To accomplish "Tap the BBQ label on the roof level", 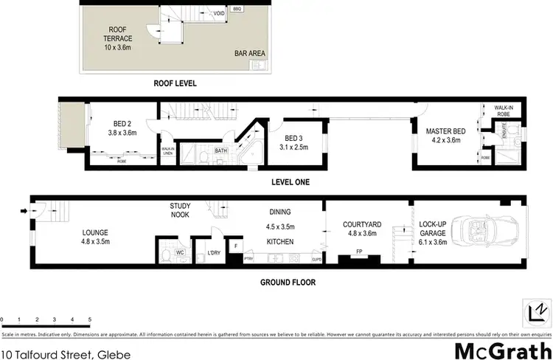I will pos(237,9).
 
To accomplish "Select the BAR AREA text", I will pos(250,54).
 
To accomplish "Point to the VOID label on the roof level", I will pos(219,13).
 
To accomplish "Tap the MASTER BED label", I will pos(443,136).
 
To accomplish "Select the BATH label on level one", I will pos(220,150).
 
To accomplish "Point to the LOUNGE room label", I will pos(96,236).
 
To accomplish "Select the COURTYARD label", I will pos(361,229).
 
